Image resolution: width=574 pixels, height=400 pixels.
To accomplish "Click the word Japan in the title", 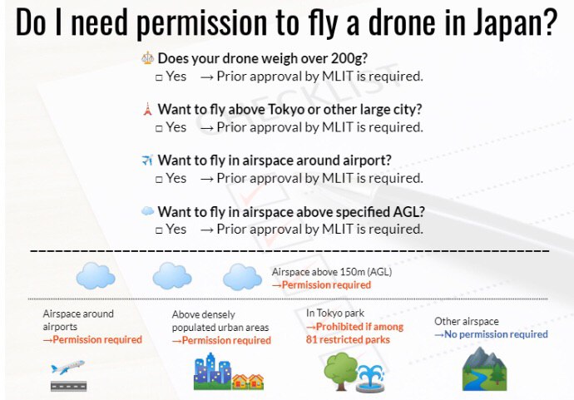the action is point(515,22).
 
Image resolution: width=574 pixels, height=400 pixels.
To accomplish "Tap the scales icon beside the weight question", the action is point(147,58).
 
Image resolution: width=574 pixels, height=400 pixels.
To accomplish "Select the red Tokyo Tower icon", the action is point(147,109).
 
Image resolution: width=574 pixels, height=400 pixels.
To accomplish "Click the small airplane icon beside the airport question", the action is point(147,160).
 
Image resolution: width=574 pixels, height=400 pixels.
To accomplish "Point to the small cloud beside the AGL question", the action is point(147,211).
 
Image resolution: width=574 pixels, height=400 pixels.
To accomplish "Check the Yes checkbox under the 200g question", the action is point(159,77).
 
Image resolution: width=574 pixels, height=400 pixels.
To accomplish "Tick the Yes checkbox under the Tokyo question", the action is point(159,128).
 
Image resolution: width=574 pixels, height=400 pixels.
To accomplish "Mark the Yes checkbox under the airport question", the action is point(159,179).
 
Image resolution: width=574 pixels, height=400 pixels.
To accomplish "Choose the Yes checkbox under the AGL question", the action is point(159,230).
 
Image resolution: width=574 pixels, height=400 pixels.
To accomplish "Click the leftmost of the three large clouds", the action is point(96,275).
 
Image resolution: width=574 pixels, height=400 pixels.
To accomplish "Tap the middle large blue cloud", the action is point(172,275).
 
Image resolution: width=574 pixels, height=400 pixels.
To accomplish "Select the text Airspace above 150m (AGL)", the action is point(332,272).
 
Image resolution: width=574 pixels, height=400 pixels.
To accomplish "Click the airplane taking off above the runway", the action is point(67,367).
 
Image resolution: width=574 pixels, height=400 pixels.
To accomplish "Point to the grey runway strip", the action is point(69,386).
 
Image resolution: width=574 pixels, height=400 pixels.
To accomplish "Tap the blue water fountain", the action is point(370,378).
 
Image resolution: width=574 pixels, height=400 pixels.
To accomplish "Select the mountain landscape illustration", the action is point(485,368).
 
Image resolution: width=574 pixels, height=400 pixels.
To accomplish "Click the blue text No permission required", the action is point(491,334).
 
